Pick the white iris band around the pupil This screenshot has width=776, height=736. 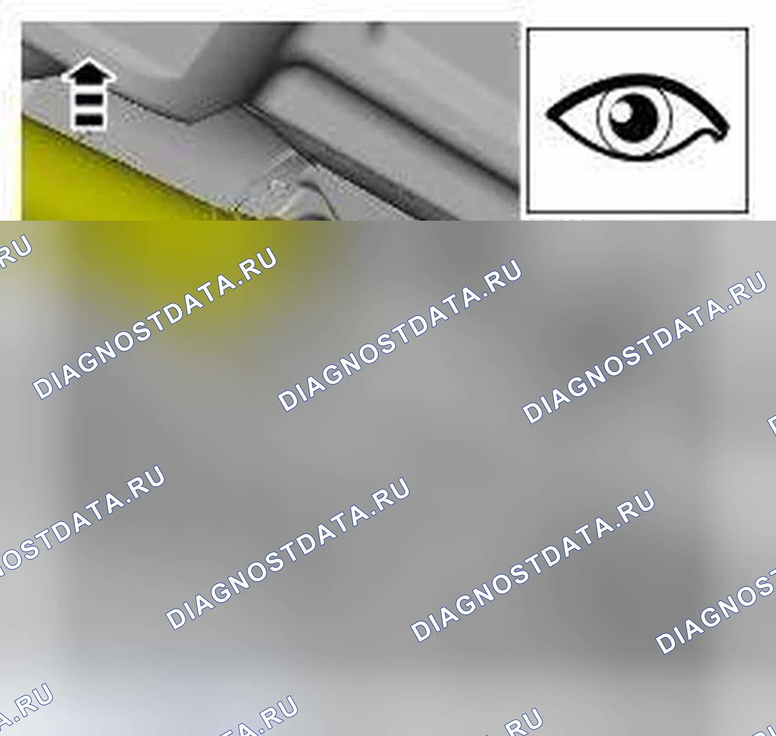600,118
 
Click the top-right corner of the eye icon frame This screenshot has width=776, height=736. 748,29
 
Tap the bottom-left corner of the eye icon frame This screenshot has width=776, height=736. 528,212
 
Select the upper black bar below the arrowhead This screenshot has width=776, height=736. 89,100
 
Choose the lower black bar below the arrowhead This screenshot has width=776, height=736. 89,120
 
